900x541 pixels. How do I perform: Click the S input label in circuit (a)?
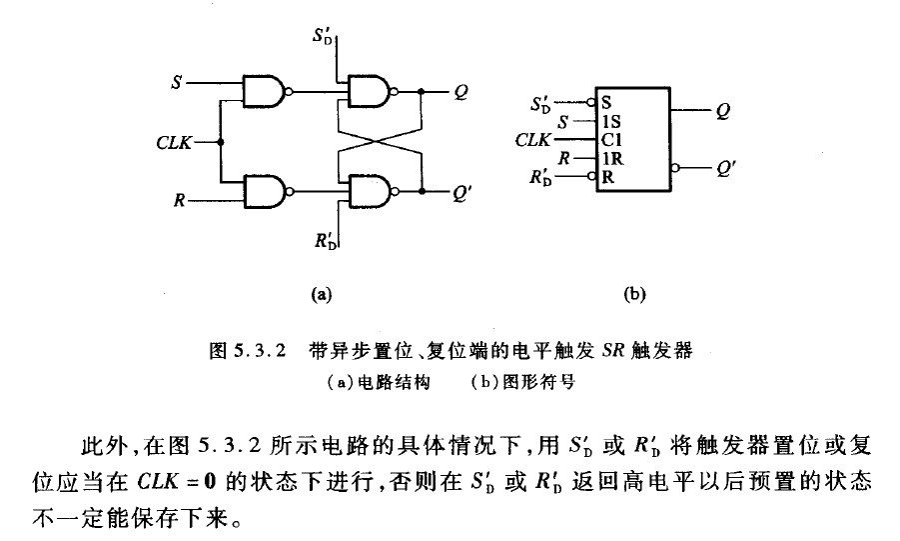click(x=178, y=82)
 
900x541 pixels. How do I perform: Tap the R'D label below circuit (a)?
click(x=327, y=241)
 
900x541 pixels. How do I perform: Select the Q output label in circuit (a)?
click(x=461, y=92)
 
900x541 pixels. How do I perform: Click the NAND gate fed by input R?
click(x=265, y=189)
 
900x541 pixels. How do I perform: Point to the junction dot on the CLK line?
click(x=220, y=142)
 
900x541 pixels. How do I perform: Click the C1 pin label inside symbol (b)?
click(x=610, y=139)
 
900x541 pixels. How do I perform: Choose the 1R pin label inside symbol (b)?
click(x=610, y=158)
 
